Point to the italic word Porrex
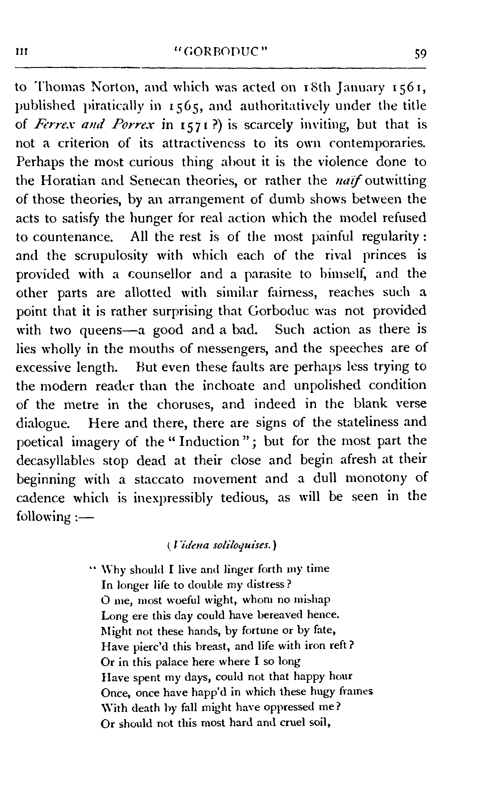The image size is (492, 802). [134, 125]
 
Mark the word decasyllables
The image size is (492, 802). [55, 461]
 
